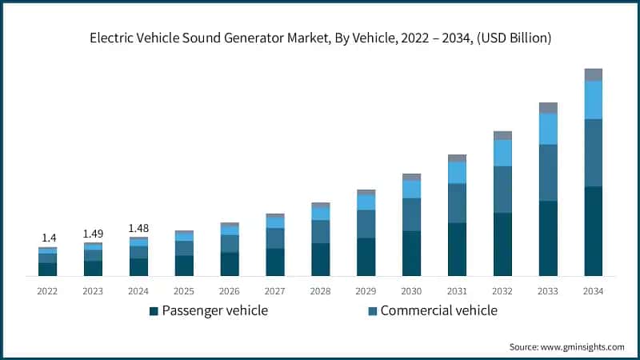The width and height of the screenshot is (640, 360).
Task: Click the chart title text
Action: pos(320,38)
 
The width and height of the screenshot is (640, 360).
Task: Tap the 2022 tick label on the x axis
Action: pos(47,290)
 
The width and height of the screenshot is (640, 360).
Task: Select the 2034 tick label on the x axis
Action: pos(593,290)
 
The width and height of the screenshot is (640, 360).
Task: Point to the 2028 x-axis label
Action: pos(320,290)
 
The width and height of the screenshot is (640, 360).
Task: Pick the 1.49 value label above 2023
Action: pos(93,233)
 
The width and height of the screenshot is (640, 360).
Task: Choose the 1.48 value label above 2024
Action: pos(138,228)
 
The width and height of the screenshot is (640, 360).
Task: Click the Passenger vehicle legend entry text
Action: pos(214,310)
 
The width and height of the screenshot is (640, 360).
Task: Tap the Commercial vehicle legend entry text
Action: pos(438,310)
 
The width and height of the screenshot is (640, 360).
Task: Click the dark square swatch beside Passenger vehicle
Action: pos(153,310)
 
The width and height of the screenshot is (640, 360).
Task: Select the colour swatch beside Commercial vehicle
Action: pos(372,310)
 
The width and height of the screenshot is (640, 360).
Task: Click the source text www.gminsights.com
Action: pos(566,346)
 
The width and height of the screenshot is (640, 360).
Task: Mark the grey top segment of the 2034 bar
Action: pos(593,74)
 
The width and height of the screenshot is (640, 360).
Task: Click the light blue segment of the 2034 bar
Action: pos(593,100)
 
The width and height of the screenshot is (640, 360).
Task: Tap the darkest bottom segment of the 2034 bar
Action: pos(593,231)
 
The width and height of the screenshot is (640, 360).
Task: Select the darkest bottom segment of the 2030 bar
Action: pos(411,253)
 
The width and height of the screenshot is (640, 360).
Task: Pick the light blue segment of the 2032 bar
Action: pos(502,153)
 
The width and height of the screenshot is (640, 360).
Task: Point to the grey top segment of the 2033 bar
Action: pos(548,107)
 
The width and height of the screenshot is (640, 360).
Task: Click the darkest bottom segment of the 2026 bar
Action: pos(230,264)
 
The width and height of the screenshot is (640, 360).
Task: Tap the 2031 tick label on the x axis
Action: pos(457,290)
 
